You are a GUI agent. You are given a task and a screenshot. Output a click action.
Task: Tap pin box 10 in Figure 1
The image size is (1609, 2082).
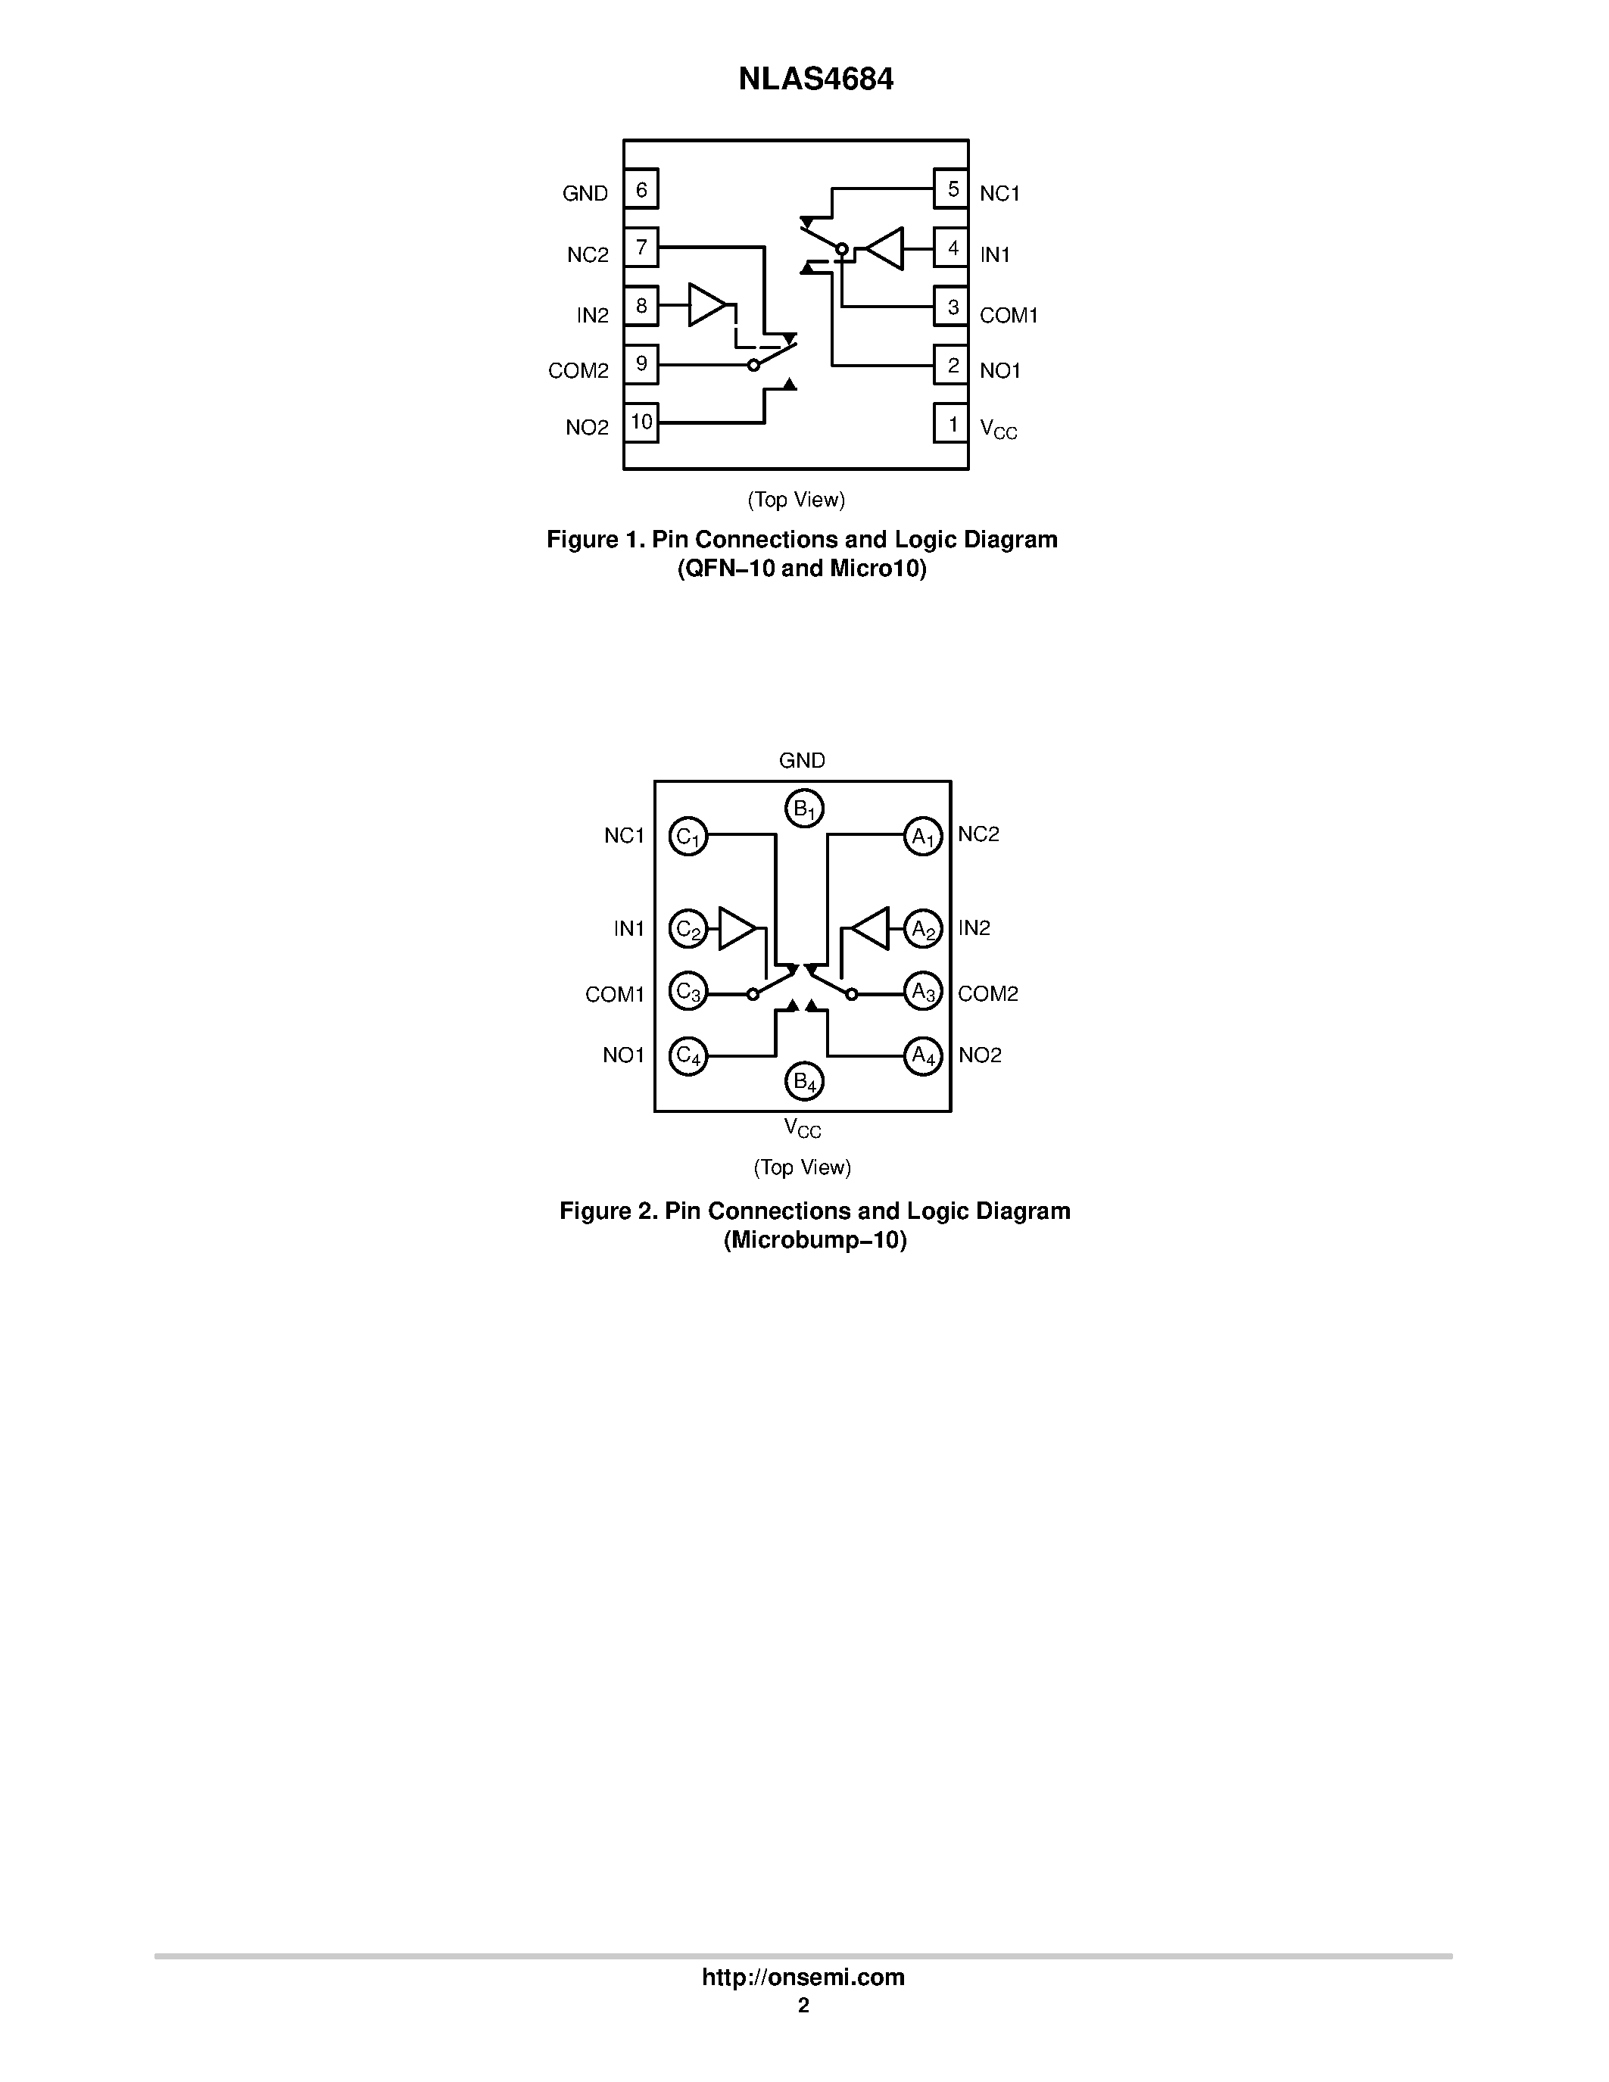coord(641,422)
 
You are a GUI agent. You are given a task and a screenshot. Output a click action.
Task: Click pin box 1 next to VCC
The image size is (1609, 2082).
coord(951,424)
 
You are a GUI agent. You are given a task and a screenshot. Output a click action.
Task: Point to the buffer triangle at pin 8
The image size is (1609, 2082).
coord(707,305)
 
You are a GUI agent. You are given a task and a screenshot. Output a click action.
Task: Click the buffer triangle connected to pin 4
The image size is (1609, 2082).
coord(884,249)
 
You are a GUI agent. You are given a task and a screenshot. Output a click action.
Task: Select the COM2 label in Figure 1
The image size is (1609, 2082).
coord(578,371)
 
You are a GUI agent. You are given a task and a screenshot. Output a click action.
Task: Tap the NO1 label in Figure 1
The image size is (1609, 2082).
coord(1000,371)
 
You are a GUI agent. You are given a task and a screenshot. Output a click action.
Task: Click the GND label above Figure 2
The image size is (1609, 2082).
coord(802,760)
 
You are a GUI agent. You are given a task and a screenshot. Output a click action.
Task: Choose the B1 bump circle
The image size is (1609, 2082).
coord(804,809)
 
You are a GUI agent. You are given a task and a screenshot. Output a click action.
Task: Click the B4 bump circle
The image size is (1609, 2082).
coord(804,1082)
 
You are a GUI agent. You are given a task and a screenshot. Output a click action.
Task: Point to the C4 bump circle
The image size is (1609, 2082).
coord(688,1056)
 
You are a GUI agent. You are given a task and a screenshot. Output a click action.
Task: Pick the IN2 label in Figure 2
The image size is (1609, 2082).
coord(974,928)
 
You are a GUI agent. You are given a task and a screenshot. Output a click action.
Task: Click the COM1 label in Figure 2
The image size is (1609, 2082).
coord(615,994)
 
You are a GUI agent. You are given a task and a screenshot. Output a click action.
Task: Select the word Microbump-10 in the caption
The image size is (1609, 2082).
coord(815,1240)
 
